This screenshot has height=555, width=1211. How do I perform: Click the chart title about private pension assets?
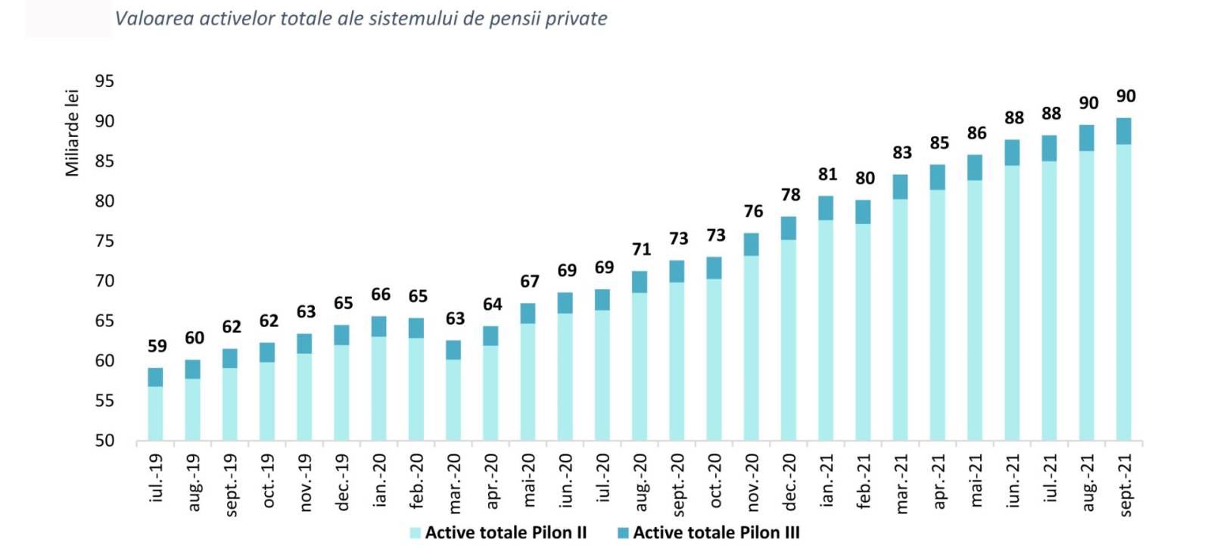click(x=360, y=18)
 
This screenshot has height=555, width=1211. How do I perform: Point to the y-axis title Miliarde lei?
click(x=72, y=133)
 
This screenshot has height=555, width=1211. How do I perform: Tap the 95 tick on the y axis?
click(x=104, y=81)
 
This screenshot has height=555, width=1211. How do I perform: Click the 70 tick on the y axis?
click(x=104, y=281)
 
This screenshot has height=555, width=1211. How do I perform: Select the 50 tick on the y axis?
click(x=104, y=441)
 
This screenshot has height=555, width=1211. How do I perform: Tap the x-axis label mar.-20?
click(x=454, y=483)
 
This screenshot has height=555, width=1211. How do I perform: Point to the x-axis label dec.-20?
click(x=789, y=482)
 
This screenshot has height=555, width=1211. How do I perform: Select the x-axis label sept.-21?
click(x=1125, y=485)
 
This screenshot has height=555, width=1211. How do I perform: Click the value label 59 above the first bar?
click(x=157, y=346)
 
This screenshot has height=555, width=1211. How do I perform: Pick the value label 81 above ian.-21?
click(x=827, y=174)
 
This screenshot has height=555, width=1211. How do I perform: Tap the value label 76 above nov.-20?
click(x=753, y=211)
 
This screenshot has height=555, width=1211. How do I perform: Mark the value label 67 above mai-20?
click(x=529, y=282)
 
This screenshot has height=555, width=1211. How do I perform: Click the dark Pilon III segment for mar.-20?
click(x=453, y=350)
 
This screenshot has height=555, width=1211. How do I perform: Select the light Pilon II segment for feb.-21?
click(x=863, y=332)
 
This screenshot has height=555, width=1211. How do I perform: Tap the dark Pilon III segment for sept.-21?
click(x=1124, y=131)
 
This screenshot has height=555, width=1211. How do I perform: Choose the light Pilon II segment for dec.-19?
click(x=341, y=392)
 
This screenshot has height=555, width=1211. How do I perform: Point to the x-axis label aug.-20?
click(x=640, y=482)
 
